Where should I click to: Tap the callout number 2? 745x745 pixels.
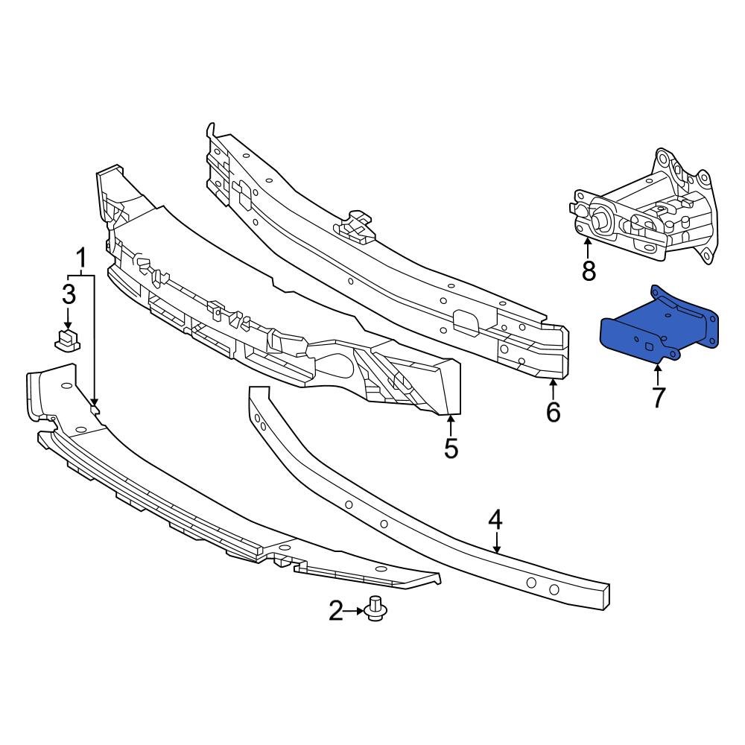[336, 612]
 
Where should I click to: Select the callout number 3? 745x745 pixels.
[69, 294]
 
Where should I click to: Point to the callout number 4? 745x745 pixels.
[497, 520]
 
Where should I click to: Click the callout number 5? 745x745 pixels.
[451, 448]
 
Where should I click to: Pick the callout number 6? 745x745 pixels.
[553, 410]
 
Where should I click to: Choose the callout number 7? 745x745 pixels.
[658, 397]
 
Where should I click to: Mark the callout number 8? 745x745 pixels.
[589, 271]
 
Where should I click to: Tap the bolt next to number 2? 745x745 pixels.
[376, 610]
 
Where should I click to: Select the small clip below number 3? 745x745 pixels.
[69, 341]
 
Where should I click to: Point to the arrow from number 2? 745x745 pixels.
[355, 612]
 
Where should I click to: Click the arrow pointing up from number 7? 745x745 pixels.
[658, 372]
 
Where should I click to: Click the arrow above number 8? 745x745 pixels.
[588, 248]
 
